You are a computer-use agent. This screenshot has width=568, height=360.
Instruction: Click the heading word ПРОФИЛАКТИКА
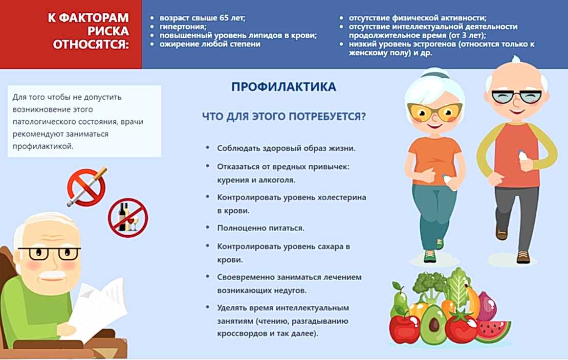tap(283, 87)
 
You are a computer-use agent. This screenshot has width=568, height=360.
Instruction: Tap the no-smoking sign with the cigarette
tap(86, 187)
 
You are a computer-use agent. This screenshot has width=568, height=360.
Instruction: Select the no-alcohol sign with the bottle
tap(127, 217)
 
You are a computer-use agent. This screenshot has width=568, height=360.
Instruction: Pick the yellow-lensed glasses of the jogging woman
tap(434, 110)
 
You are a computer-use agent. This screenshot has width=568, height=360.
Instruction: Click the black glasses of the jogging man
tap(515, 96)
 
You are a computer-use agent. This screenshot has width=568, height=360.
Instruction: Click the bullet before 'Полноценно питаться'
tap(207, 227)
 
